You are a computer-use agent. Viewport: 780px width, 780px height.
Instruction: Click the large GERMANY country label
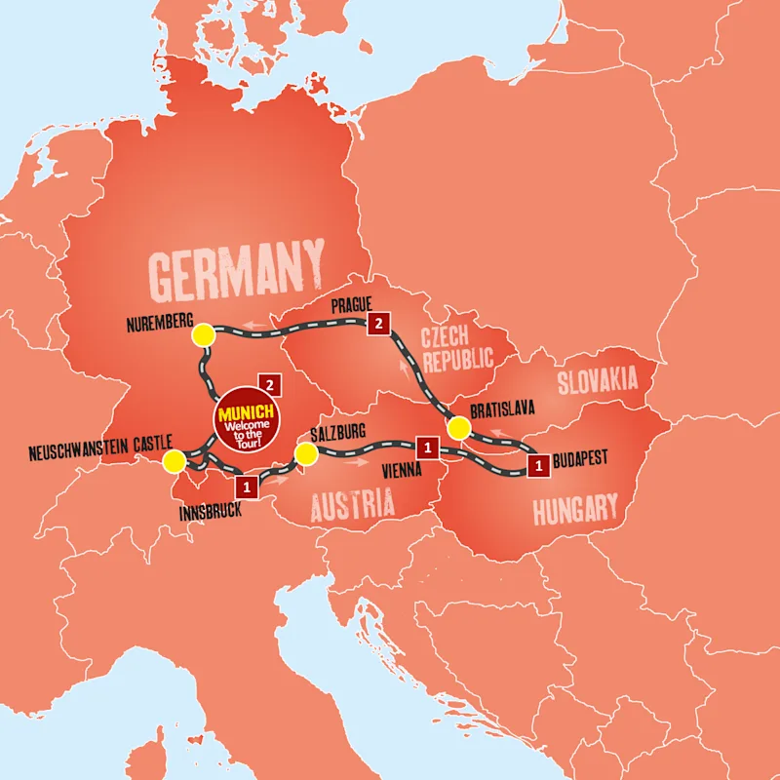tap(237, 268)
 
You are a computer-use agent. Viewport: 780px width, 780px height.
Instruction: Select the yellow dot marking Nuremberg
tap(203, 335)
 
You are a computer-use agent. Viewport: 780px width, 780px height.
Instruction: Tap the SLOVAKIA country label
tap(597, 379)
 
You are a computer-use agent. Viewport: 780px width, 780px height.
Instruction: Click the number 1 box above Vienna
tap(425, 448)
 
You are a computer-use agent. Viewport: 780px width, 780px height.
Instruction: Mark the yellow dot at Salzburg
tap(306, 454)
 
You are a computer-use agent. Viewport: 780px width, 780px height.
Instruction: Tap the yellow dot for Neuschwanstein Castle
tap(174, 460)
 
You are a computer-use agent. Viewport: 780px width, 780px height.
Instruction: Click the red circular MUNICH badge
tap(246, 420)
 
